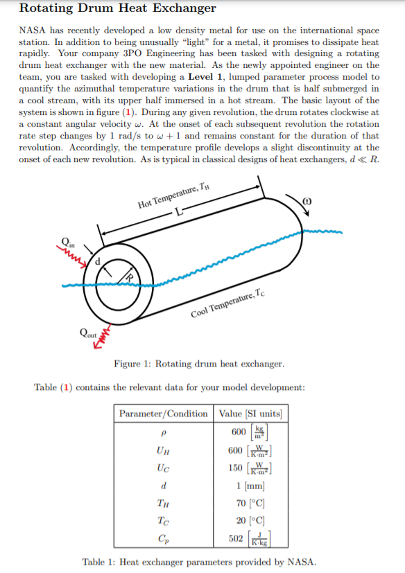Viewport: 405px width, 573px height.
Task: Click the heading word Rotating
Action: coord(46,9)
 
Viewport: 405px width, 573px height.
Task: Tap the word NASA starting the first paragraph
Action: coord(31,31)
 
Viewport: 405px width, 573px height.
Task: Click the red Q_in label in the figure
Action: coord(69,242)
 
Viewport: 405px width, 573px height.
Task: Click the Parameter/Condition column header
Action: coord(163,414)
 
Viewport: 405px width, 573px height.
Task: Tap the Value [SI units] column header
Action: coord(250,414)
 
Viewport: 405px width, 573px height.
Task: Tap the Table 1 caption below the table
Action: coord(198,561)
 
